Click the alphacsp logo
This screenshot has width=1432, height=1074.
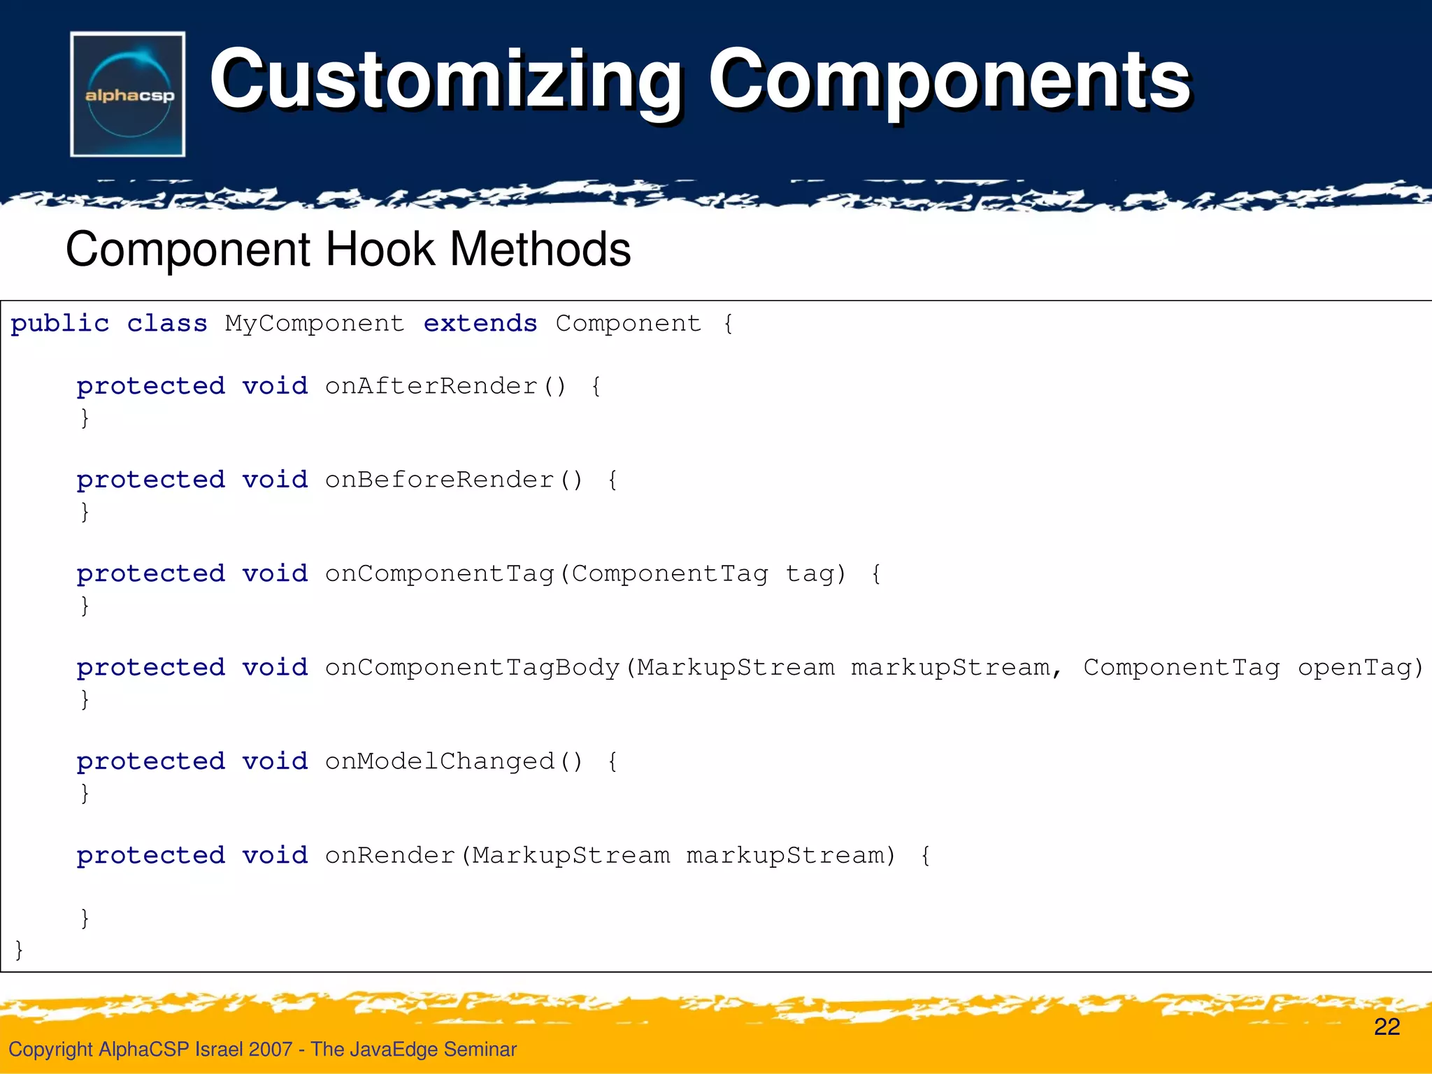128,94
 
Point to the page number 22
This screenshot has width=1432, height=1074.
1387,1026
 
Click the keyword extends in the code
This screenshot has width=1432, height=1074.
480,324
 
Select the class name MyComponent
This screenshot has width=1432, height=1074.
315,324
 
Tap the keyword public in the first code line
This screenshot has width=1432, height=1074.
60,324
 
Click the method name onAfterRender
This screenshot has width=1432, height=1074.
431,386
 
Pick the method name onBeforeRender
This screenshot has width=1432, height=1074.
440,480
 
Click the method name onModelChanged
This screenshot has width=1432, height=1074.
440,761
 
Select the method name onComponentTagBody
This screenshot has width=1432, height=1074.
473,668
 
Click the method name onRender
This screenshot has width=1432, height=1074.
390,855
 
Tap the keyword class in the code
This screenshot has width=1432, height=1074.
167,324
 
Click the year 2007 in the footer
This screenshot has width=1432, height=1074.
270,1049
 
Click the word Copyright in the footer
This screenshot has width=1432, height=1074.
50,1049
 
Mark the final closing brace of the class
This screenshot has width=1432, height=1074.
19,950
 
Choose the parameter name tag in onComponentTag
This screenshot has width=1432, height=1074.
810,574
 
